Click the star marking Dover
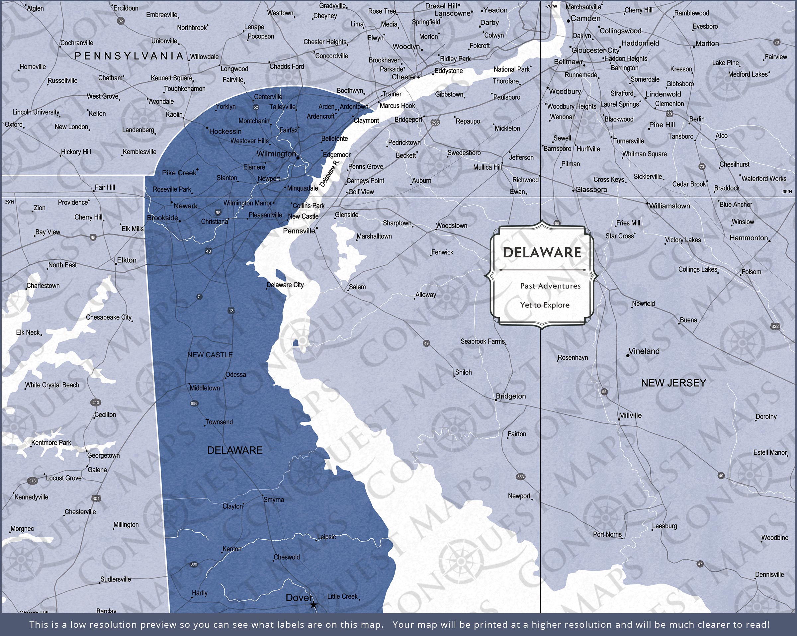pyautogui.click(x=313, y=605)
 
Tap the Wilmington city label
pyautogui.click(x=276, y=153)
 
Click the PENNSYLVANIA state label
pyautogui.click(x=129, y=56)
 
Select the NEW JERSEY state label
pyautogui.click(x=673, y=383)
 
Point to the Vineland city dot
pyautogui.click(x=628, y=355)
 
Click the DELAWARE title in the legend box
pyautogui.click(x=542, y=252)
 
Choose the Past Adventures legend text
pyautogui.click(x=550, y=286)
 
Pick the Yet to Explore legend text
pyautogui.click(x=545, y=305)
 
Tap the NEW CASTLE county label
pyautogui.click(x=210, y=355)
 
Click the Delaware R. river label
pyautogui.click(x=329, y=173)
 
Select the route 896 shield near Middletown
pyautogui.click(x=194, y=404)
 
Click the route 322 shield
pyautogui.click(x=775, y=326)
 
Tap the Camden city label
pyautogui.click(x=585, y=19)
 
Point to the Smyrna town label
pyautogui.click(x=274, y=500)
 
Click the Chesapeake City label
pyautogui.click(x=109, y=317)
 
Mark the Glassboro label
pyautogui.click(x=591, y=190)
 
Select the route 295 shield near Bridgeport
pyautogui.click(x=435, y=123)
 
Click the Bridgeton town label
pyautogui.click(x=510, y=396)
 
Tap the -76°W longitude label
pyautogui.click(x=551, y=6)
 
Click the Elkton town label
pyautogui.click(x=127, y=260)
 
